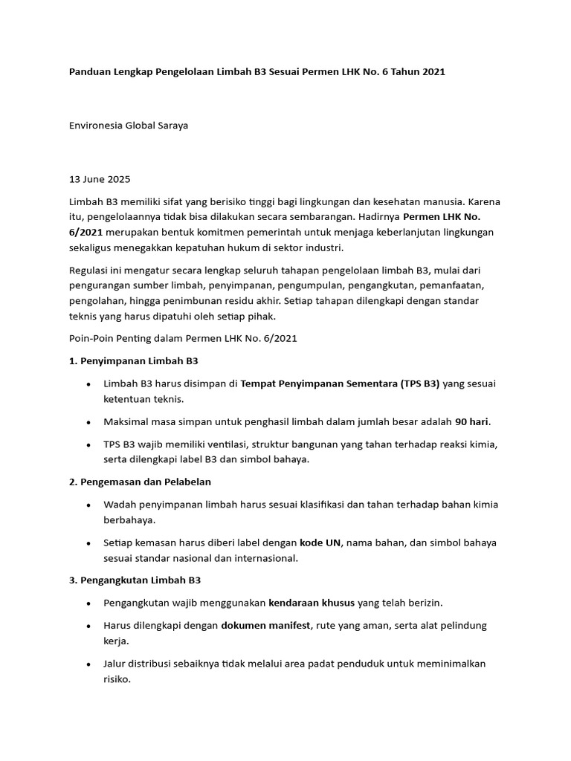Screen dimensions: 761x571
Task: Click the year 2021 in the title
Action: click(431, 72)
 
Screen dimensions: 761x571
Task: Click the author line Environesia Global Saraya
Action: click(129, 126)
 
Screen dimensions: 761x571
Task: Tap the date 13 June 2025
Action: click(99, 179)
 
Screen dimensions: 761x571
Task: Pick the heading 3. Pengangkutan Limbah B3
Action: click(135, 580)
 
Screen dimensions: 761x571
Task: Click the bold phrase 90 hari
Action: click(472, 421)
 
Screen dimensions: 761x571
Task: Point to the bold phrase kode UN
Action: click(320, 543)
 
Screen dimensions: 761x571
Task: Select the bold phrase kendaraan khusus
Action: click(312, 603)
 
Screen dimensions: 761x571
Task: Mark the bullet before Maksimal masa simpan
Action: click(89, 422)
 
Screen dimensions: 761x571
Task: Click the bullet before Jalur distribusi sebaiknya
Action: click(89, 664)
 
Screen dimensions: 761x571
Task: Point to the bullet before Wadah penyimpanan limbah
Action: click(89, 505)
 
